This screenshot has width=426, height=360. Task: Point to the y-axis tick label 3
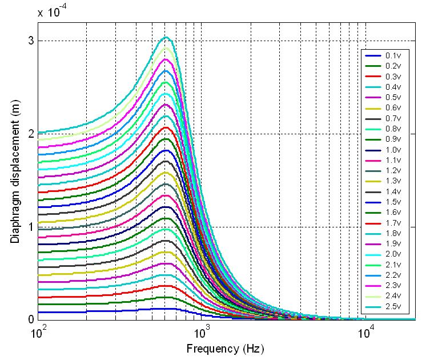(30, 41)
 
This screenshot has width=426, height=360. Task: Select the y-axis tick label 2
(30, 134)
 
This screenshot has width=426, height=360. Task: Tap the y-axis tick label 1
(30, 227)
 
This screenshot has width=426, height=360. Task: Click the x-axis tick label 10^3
(202, 331)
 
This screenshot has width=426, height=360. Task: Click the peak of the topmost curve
(166, 37)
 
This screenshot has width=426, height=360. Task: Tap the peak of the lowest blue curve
(166, 309)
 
